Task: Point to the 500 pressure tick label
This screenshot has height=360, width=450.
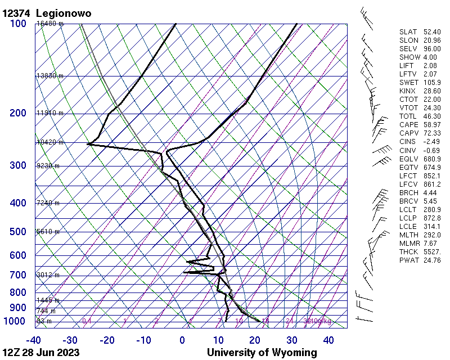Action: tap(18, 232)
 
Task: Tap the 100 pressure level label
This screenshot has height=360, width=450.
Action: tap(18, 24)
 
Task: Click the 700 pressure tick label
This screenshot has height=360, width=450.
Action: tap(18, 275)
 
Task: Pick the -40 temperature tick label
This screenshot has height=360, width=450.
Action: tap(34, 340)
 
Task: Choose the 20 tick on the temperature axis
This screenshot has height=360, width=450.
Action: tap(255, 340)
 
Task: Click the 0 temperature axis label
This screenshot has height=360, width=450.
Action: tap(182, 340)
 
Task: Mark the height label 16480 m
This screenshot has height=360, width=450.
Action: tap(50, 24)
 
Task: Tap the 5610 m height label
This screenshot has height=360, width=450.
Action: tap(48, 232)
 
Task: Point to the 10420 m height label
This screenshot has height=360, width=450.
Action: tap(50, 142)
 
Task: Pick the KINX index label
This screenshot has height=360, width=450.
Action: tap(408, 91)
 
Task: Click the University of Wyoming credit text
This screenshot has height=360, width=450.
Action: tap(262, 353)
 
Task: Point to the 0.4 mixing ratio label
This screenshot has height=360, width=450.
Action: tap(87, 321)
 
